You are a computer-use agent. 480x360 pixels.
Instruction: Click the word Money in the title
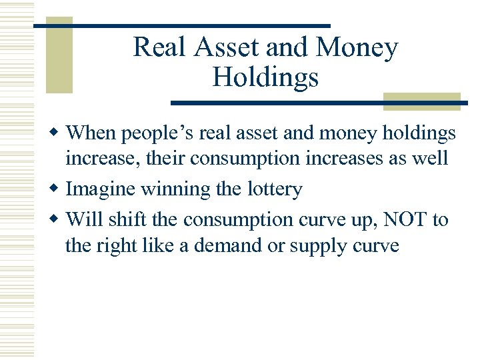point(357,47)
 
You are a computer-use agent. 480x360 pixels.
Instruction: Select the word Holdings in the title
point(265,78)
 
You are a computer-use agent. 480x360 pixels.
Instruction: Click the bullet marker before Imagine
point(58,190)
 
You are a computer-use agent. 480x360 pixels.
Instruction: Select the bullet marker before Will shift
point(58,219)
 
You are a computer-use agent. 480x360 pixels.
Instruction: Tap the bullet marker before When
point(58,133)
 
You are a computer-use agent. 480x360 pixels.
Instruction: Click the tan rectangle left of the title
point(59,56)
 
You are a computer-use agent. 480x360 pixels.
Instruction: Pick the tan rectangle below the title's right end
point(422,100)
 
